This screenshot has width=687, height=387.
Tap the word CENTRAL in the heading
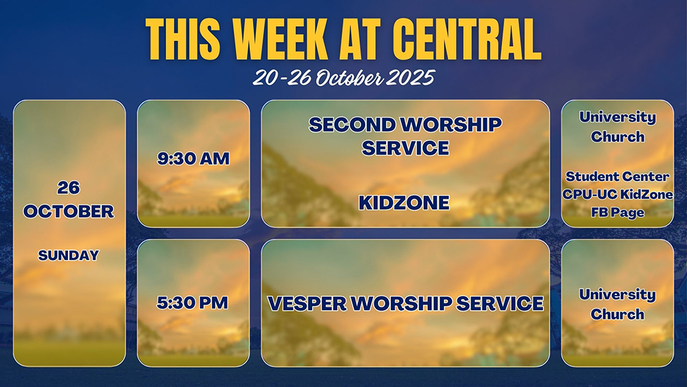[466, 38]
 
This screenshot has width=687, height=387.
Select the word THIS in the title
[183, 38]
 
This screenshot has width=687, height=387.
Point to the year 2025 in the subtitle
[411, 78]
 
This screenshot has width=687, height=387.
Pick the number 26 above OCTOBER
[68, 188]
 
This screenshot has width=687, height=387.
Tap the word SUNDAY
[68, 255]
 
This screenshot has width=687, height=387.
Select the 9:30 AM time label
[193, 159]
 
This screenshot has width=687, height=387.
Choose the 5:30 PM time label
[192, 303]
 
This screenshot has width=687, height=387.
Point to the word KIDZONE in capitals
[404, 203]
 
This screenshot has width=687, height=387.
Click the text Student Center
[618, 177]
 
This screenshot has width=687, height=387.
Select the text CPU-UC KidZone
[618, 194]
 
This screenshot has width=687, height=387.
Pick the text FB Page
[618, 212]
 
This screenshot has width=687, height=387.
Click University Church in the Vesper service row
[618, 304]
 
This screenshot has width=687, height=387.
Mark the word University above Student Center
[618, 118]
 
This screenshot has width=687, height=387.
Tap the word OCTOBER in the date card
[68, 212]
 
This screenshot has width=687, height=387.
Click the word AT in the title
[360, 38]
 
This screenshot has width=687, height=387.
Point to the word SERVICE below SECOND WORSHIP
[405, 148]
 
